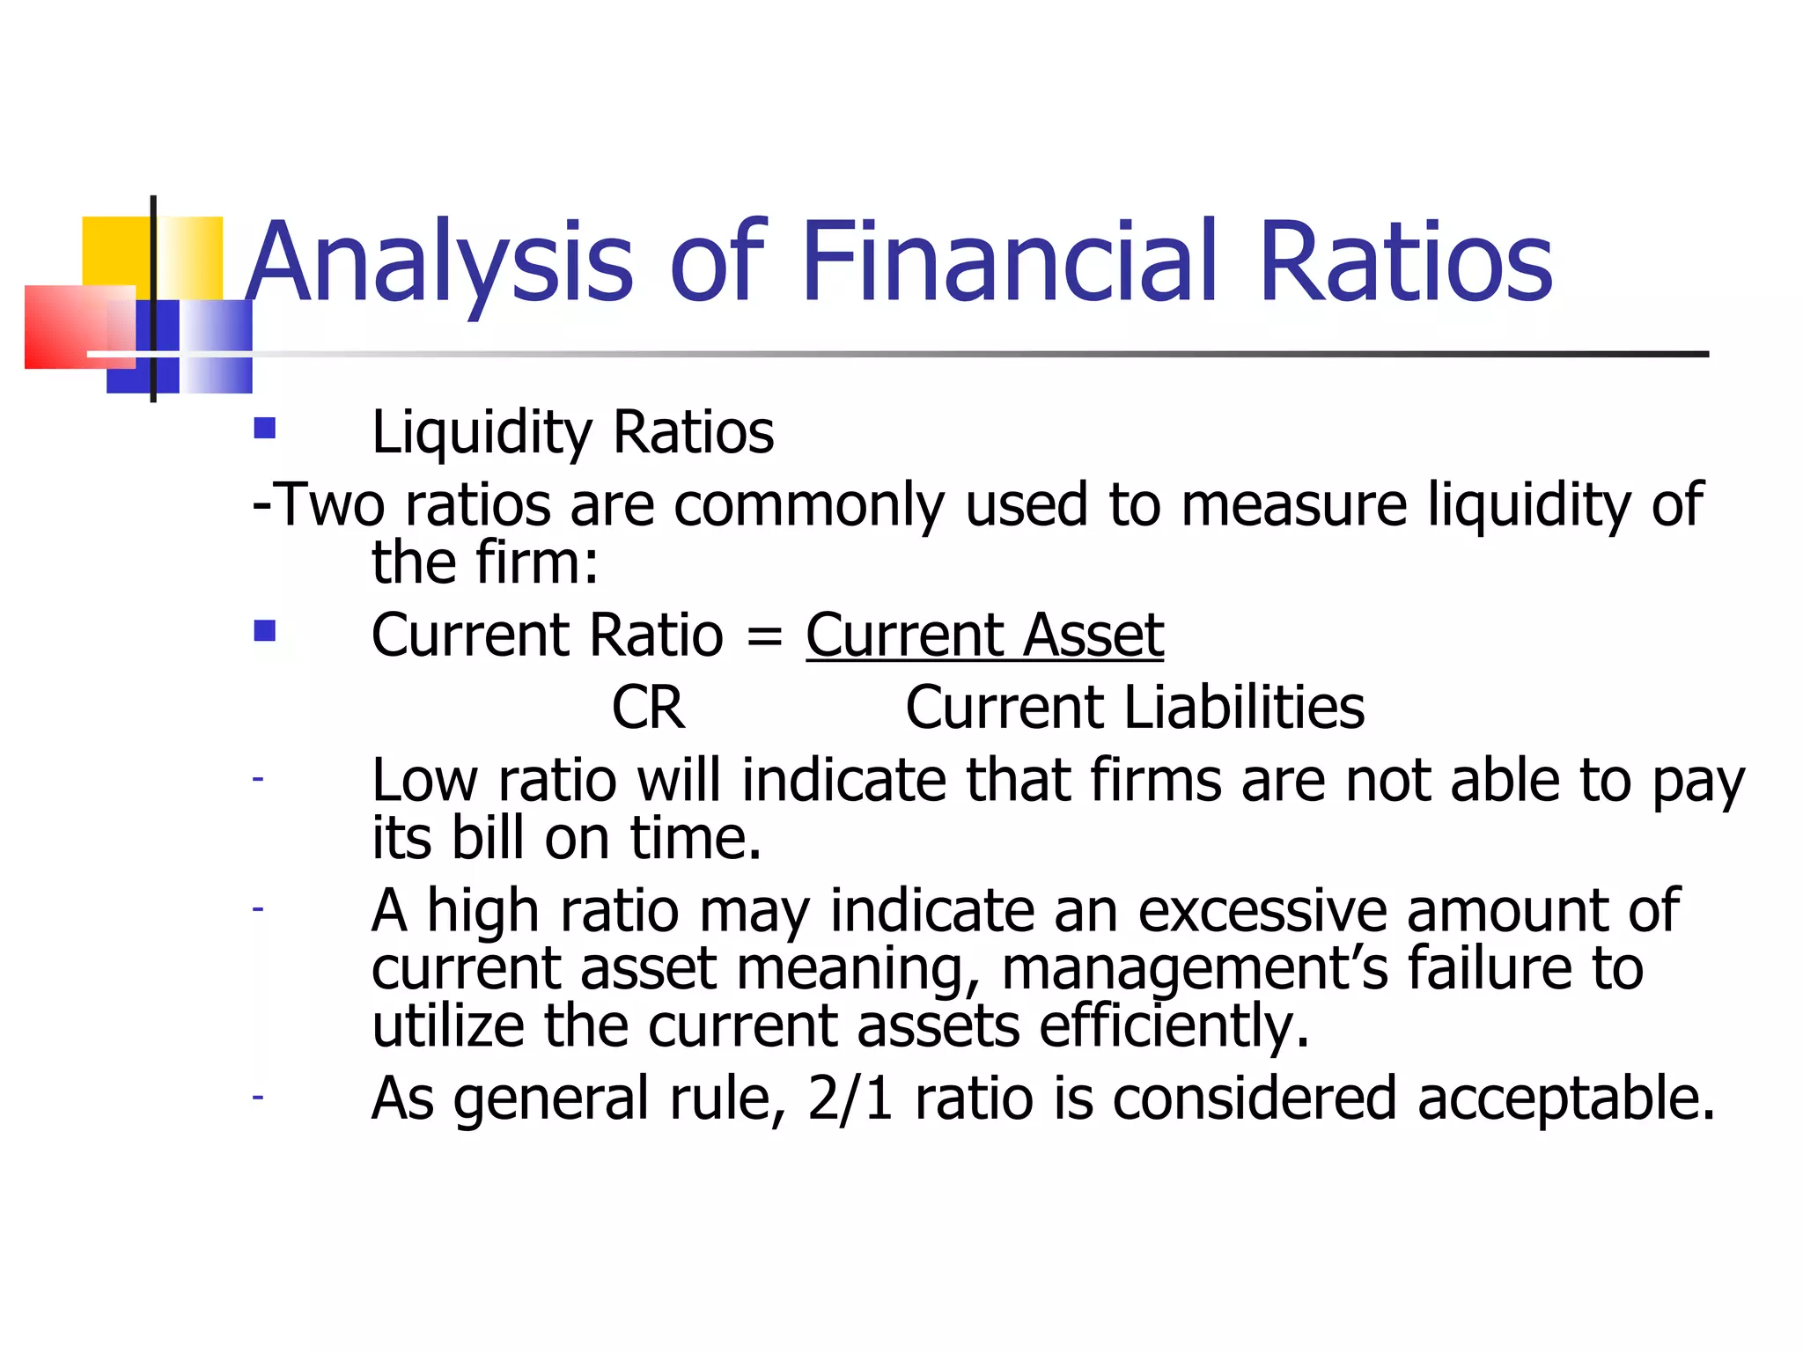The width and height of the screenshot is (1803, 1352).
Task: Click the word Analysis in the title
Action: tap(439, 262)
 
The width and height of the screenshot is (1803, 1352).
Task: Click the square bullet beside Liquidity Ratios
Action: tap(264, 429)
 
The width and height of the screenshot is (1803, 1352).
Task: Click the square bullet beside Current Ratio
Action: tap(264, 631)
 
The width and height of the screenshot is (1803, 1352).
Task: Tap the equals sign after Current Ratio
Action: tap(763, 636)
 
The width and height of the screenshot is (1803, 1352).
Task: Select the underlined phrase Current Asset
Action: tap(984, 635)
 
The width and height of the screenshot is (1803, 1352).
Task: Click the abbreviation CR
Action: tap(648, 708)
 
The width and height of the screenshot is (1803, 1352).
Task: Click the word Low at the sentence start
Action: tap(424, 781)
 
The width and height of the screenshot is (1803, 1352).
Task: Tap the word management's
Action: tap(1195, 968)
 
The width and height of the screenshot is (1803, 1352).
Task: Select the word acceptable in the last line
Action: tap(1565, 1098)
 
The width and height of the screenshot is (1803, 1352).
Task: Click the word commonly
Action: tap(809, 505)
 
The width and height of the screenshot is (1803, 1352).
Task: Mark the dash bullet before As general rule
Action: tap(257, 1098)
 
